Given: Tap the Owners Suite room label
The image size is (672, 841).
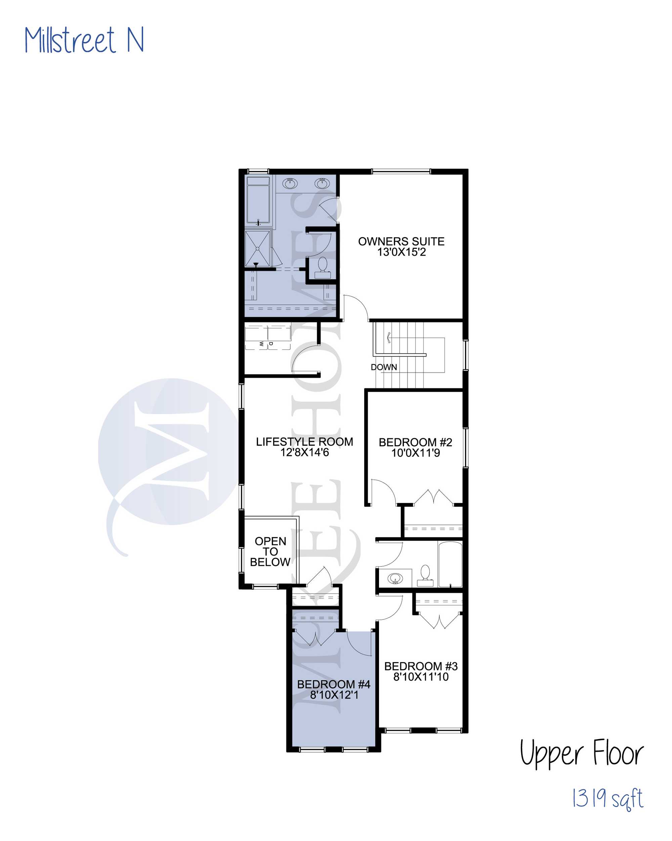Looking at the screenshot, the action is [401, 241].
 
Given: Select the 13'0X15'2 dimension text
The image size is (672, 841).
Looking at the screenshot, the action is [401, 252].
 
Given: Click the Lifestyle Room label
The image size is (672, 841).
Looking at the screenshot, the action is [304, 442].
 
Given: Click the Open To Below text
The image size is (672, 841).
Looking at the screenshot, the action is [270, 551].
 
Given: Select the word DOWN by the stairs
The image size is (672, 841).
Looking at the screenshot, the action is [384, 367].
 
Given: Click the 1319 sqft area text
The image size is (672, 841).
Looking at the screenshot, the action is [607, 799].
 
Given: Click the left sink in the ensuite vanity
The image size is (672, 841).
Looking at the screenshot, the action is [290, 183].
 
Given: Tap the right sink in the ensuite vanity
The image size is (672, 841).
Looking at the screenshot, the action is [322, 183].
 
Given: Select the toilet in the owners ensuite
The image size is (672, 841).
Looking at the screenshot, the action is [322, 268].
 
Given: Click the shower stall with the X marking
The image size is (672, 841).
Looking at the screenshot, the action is [257, 249].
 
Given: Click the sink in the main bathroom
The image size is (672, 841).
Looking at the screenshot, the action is [395, 578].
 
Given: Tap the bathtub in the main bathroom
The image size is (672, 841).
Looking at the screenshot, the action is [450, 564].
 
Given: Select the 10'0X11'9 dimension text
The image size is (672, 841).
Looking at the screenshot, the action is [416, 453].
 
